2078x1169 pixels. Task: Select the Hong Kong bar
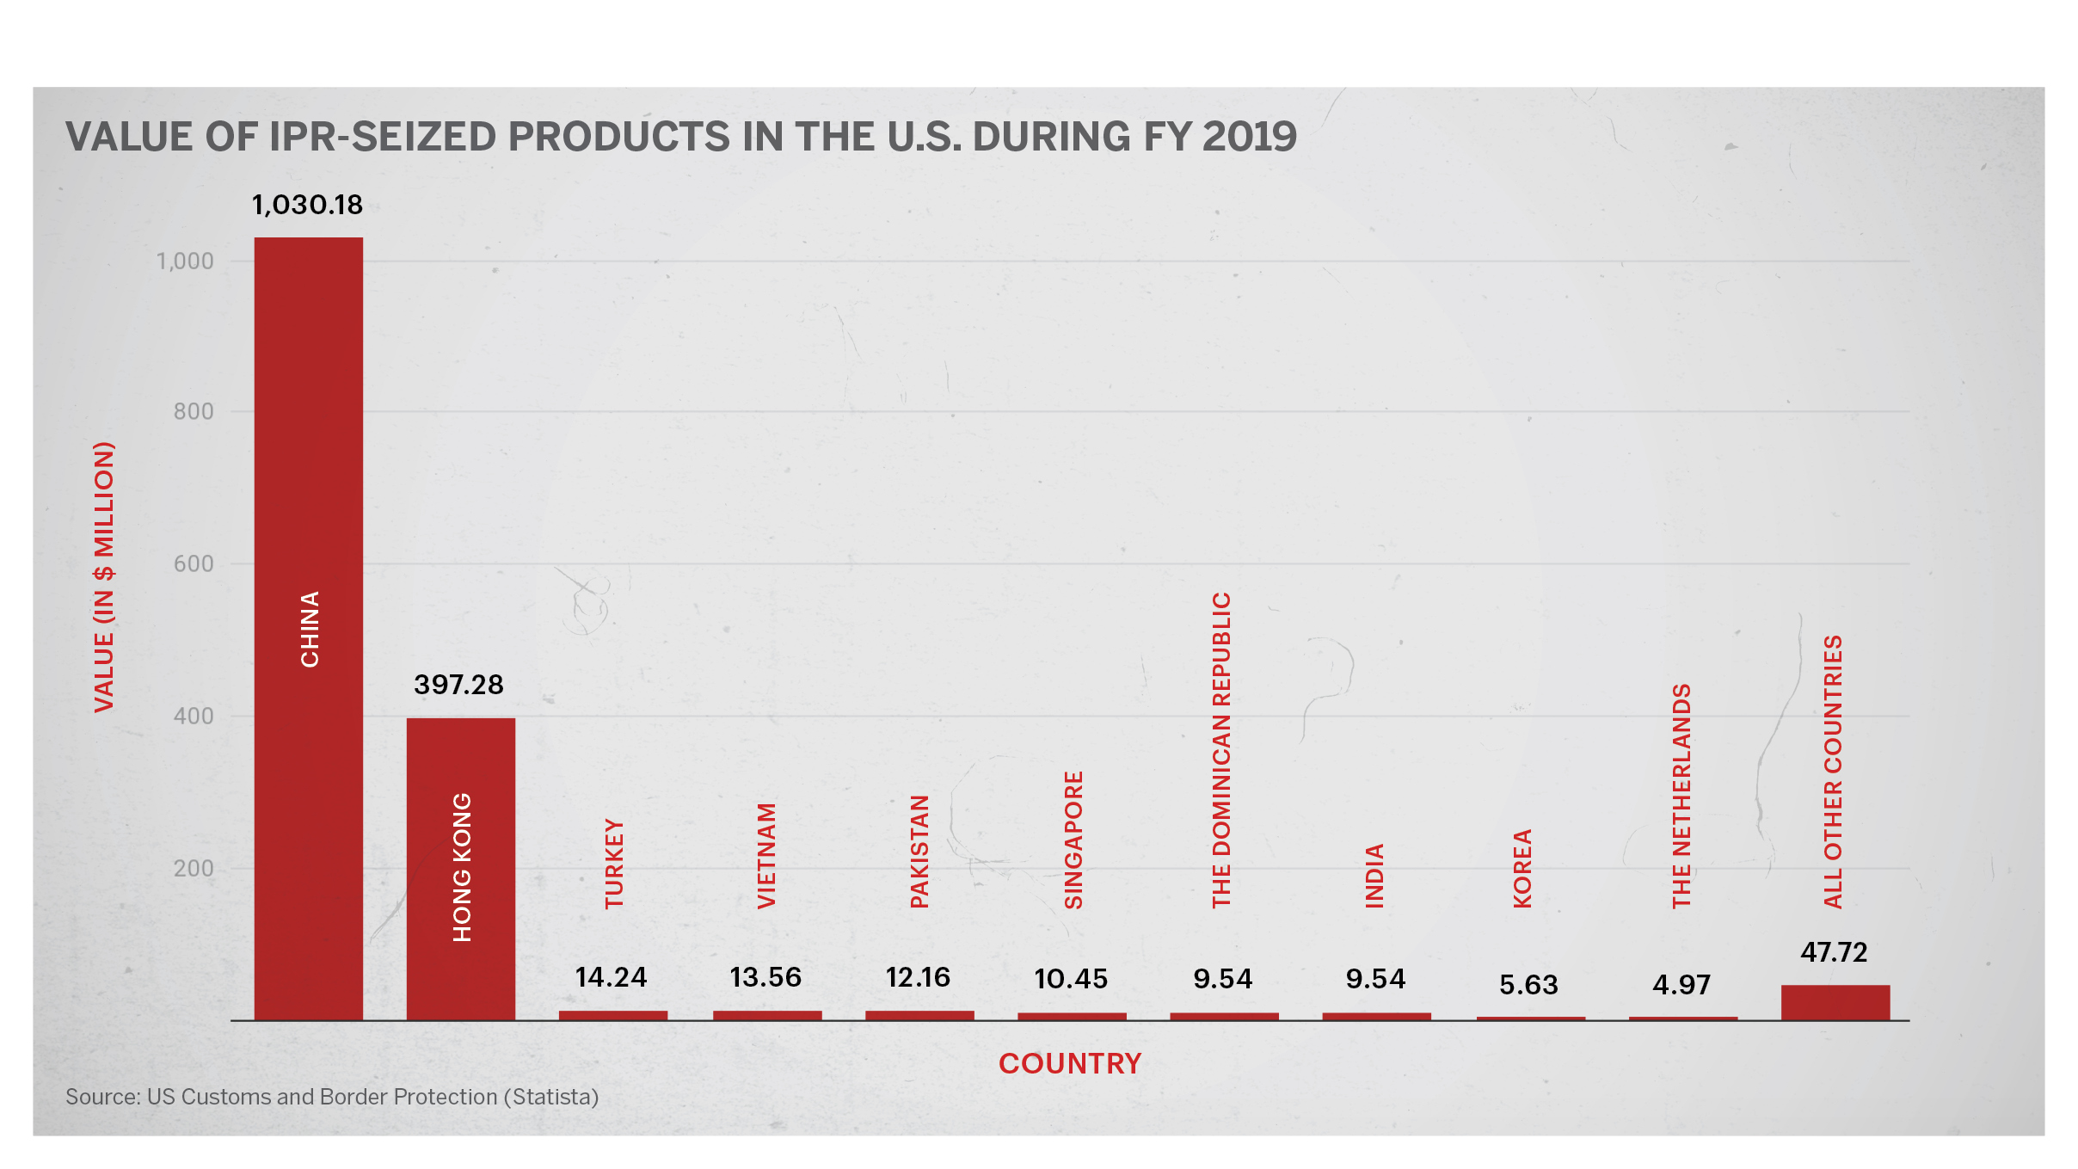tap(460, 869)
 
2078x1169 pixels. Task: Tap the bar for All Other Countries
tap(1835, 1002)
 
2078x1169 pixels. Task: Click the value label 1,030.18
tap(307, 205)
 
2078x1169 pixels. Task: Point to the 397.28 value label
tap(458, 685)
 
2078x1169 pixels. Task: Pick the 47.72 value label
tap(1834, 952)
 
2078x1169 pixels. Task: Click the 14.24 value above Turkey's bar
tap(611, 977)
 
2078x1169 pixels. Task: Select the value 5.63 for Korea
tap(1528, 984)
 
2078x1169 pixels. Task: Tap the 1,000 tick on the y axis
tap(185, 261)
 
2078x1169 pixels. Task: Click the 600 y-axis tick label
tap(194, 564)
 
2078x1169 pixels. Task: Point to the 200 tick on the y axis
tap(194, 868)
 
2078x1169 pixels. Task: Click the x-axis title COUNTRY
tap(1070, 1063)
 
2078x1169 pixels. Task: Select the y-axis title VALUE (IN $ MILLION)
tap(104, 576)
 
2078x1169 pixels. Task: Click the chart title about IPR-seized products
tap(681, 137)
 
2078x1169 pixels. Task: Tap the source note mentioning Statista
tap(332, 1097)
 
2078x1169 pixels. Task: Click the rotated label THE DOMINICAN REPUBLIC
tap(1221, 749)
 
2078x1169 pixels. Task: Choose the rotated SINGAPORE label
tap(1073, 840)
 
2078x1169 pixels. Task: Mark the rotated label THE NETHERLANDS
tap(1681, 796)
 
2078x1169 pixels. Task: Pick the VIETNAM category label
tap(766, 855)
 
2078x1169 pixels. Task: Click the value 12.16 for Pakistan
tap(918, 977)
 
